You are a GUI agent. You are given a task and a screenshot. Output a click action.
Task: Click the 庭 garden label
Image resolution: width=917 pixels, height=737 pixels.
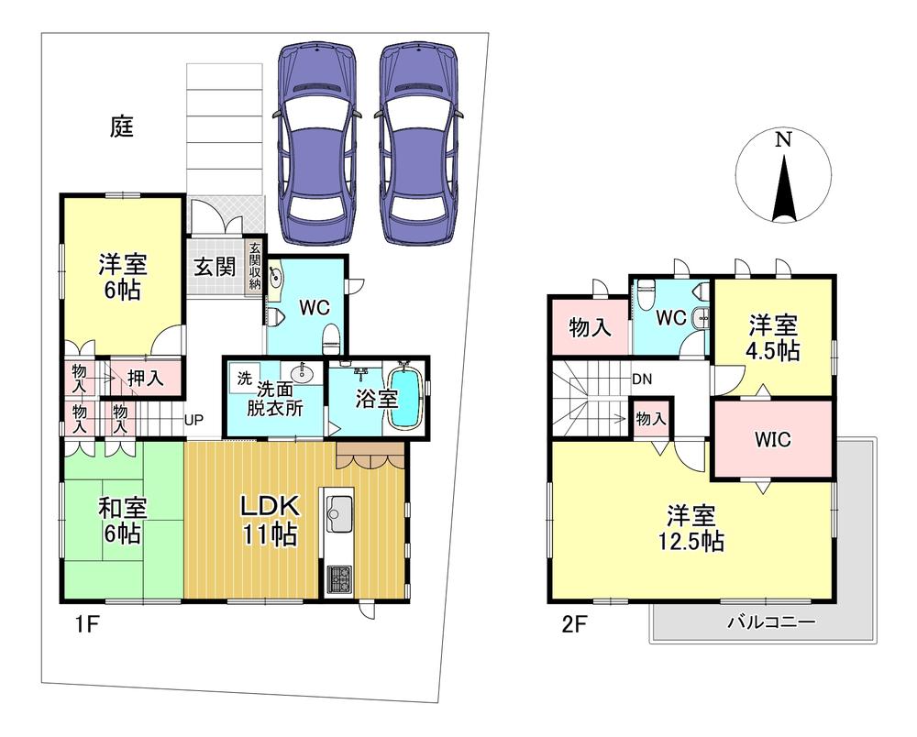(x=122, y=126)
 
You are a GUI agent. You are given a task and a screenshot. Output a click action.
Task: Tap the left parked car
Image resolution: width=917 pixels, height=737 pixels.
(x=316, y=143)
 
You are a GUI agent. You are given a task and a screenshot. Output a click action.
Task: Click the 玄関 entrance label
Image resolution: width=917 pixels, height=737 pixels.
(x=215, y=267)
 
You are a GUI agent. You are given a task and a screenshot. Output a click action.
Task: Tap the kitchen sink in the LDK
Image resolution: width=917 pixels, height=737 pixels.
(x=339, y=514)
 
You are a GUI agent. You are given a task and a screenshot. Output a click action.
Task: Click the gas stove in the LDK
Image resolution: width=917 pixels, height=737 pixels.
(x=338, y=579)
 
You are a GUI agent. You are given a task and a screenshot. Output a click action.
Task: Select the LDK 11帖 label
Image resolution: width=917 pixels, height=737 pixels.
(x=271, y=520)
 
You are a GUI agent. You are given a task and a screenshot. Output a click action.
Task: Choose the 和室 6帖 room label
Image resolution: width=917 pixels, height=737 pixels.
(x=122, y=520)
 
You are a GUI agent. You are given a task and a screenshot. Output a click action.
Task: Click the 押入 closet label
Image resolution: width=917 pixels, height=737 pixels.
(x=145, y=379)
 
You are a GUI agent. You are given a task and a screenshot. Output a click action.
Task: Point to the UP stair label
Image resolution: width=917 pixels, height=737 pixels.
(x=194, y=419)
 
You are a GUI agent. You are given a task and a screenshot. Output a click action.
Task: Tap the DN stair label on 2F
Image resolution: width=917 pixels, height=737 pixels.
(x=642, y=379)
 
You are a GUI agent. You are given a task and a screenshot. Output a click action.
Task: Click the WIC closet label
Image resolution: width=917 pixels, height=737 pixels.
(x=772, y=439)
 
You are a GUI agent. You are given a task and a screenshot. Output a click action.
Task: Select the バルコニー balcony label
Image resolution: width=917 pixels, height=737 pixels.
(x=771, y=621)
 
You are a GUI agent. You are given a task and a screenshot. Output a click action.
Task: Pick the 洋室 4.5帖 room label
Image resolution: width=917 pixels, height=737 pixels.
(x=773, y=337)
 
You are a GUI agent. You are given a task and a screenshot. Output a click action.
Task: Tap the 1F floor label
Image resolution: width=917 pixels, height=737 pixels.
(x=86, y=625)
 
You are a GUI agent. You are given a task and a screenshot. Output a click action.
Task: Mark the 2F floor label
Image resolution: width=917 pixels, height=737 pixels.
(x=574, y=625)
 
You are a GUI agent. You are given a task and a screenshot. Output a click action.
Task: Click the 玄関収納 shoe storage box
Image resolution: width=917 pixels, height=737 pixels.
(x=254, y=267)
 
